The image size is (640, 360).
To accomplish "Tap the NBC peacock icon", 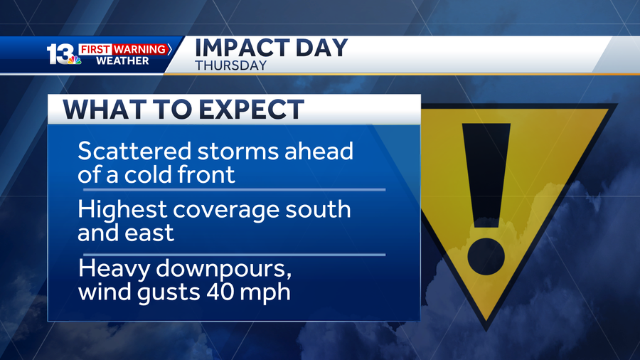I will (x=74, y=61).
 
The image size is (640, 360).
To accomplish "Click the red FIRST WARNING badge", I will (x=124, y=49).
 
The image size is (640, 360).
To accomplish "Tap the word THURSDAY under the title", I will (x=231, y=65).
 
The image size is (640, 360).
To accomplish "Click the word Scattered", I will (x=134, y=152).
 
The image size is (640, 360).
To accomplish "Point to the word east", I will (x=151, y=233).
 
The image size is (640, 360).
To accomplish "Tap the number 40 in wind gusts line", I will (x=223, y=292).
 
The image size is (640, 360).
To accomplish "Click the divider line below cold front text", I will (x=234, y=190).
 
